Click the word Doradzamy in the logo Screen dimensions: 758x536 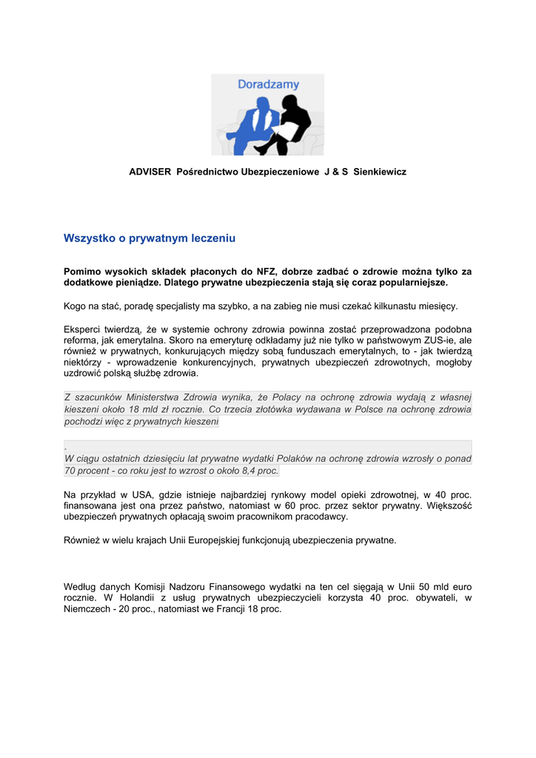pos(268,84)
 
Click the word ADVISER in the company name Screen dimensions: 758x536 pos(150,172)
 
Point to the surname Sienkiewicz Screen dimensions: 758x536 pos(380,172)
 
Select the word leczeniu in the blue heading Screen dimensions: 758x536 pos(212,238)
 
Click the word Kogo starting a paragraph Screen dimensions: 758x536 pos(76,306)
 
